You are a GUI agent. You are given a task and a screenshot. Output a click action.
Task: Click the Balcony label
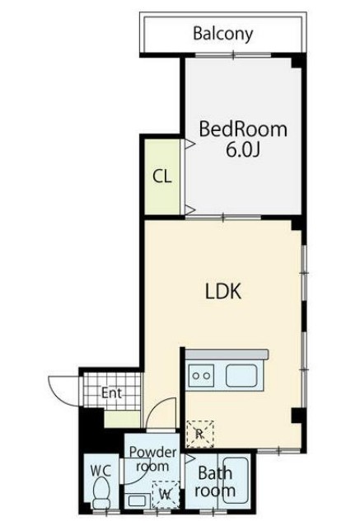pos(223,34)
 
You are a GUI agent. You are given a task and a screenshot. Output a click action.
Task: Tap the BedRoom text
pos(243,129)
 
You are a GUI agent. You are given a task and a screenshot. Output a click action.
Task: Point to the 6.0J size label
pos(243,150)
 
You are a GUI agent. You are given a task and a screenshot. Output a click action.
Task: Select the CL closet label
pos(162,176)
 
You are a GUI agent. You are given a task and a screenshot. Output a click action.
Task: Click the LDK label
pos(223,291)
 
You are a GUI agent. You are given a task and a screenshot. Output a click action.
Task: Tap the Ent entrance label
pos(111,392)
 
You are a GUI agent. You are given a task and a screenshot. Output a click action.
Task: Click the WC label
pos(101,471)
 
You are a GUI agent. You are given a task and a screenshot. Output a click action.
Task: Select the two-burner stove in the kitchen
pos(201,375)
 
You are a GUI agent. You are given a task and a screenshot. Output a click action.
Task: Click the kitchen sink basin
pos(241,375)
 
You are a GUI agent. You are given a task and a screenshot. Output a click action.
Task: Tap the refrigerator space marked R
pos(200,434)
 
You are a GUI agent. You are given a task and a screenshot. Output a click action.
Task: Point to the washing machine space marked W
pos(166,495)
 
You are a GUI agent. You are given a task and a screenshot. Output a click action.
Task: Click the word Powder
pos(153,452)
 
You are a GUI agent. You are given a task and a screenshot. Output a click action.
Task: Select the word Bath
pos(215,473)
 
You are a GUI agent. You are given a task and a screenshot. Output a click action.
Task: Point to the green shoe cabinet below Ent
pos(122,419)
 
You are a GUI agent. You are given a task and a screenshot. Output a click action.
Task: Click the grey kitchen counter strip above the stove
pos(227,355)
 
